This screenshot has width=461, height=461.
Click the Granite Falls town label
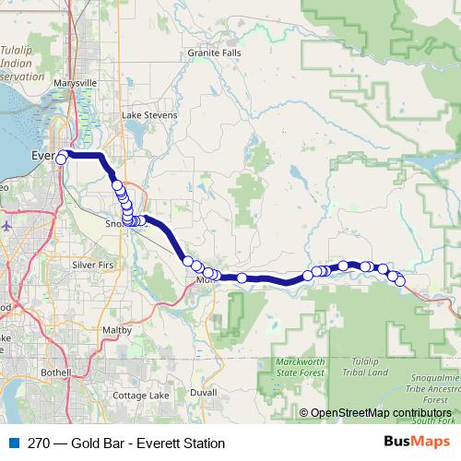point(214,53)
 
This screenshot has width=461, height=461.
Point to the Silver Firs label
point(91,265)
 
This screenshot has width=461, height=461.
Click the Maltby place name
point(117,328)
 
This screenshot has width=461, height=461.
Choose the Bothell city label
point(55,372)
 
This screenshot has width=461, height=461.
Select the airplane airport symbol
point(7,224)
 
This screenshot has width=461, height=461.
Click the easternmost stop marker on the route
point(400,280)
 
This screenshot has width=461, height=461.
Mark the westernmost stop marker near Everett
point(62,160)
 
